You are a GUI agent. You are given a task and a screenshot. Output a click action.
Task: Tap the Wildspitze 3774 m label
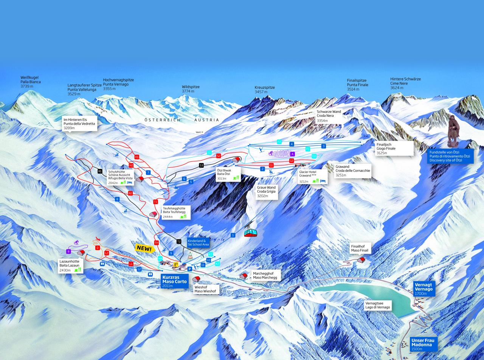coord(190,89)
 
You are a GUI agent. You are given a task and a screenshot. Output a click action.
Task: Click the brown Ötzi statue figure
coord(453,130)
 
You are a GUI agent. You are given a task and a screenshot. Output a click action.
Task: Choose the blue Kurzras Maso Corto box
coord(174,281)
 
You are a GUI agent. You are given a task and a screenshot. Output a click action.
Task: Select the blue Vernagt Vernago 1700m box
coord(423,289)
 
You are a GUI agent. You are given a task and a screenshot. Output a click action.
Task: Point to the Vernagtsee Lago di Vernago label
coord(378,305)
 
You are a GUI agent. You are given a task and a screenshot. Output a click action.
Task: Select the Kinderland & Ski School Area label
coord(198,243)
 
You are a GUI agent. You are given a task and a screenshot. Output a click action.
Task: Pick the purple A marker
coord(292,154)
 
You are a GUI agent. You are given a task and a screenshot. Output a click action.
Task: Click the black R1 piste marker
coord(100,171)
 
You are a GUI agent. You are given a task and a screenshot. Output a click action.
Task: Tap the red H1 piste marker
coord(137,156)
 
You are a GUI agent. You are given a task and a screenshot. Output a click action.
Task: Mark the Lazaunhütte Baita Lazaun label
coord(70,265)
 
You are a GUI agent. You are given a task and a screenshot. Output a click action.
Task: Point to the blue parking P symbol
coord(190,269)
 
